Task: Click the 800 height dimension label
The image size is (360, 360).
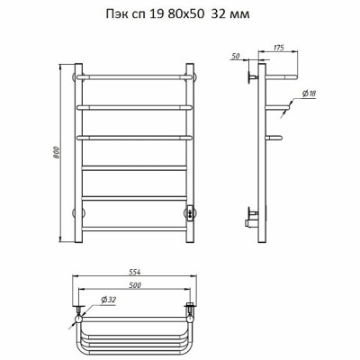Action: (x=57, y=153)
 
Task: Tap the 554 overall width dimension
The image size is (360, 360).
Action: (x=135, y=272)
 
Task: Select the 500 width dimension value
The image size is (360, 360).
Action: (x=135, y=285)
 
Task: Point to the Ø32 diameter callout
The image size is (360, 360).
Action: (x=109, y=300)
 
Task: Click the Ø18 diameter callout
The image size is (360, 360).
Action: (x=310, y=94)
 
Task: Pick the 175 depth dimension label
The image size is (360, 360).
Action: (x=279, y=48)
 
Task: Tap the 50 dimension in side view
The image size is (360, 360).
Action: (x=236, y=56)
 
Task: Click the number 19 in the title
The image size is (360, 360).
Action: (x=156, y=14)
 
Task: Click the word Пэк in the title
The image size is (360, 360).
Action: (x=117, y=14)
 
